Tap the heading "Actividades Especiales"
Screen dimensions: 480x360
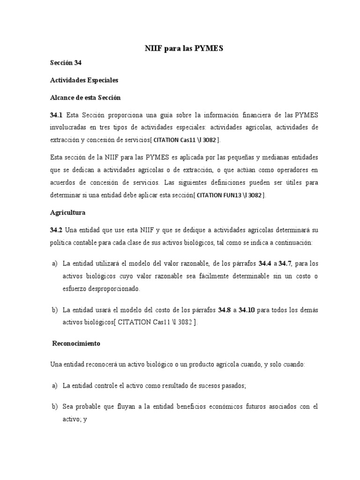(84, 80)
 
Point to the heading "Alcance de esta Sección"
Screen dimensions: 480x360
(85, 97)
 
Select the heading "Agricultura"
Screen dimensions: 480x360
(67, 212)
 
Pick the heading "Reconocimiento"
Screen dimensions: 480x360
(76, 343)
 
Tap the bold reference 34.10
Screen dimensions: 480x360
(247, 310)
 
